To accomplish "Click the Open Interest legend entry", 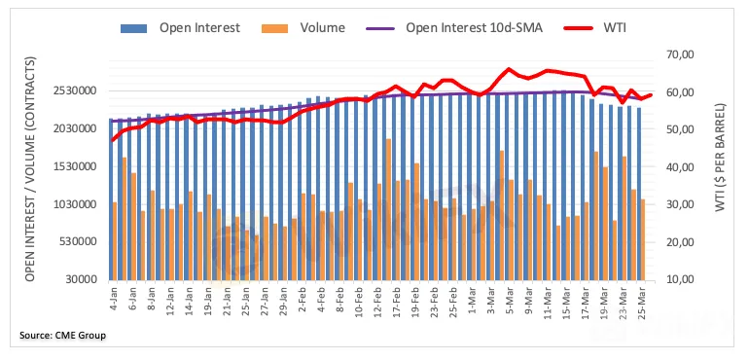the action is click(180, 27).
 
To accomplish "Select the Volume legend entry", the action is click(303, 27).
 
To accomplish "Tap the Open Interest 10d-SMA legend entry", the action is click(454, 27).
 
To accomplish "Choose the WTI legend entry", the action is click(594, 27).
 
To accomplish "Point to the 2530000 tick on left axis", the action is click(80, 90).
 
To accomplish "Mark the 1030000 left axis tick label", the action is click(80, 204).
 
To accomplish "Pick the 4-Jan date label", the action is click(113, 299).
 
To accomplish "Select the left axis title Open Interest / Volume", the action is click(31, 168).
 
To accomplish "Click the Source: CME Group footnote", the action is click(62, 336).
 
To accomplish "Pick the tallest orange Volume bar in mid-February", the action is click(388, 209).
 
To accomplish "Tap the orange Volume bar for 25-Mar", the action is click(643, 239).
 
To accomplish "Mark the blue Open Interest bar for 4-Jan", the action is click(111, 199).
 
